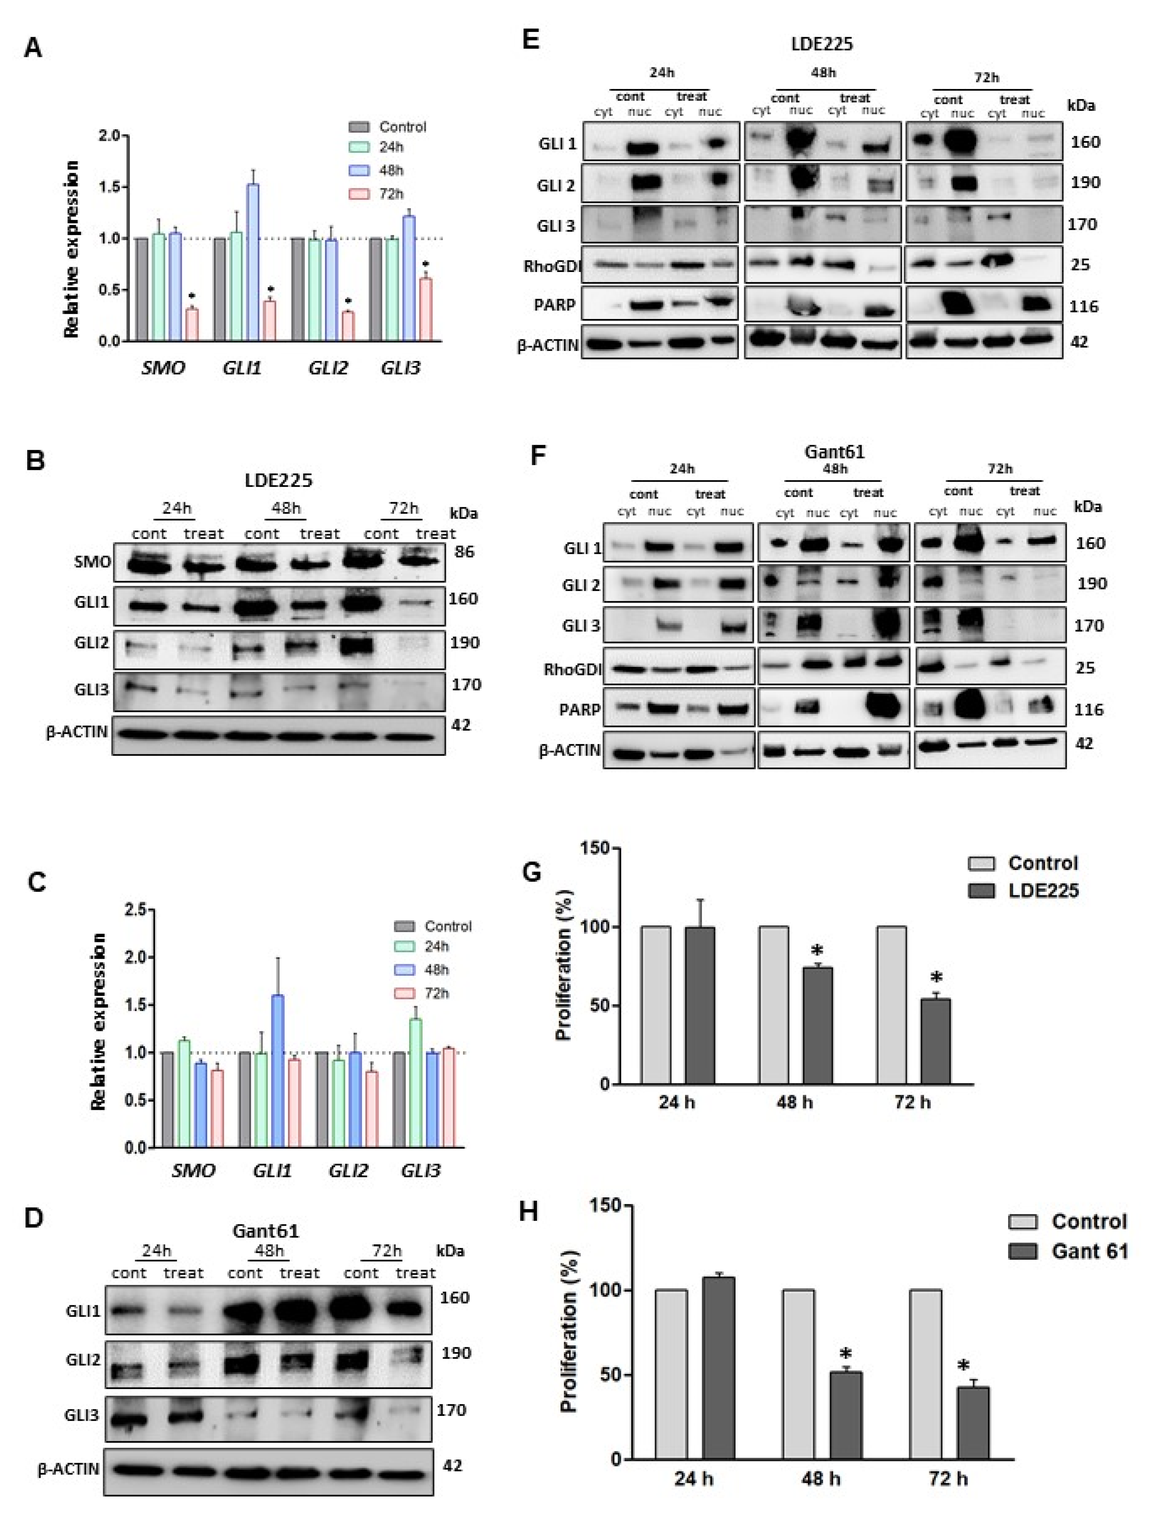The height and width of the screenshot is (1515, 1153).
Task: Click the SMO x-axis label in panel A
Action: coord(163,368)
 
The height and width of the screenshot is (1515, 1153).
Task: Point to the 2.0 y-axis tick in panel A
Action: coord(110,136)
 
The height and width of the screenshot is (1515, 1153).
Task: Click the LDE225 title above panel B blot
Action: coord(279,480)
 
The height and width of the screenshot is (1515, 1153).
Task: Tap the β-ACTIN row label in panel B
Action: coord(77,732)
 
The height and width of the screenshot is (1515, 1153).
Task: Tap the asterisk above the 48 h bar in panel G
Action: coord(817,951)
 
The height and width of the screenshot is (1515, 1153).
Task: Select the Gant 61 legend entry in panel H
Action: coord(1089,1252)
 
